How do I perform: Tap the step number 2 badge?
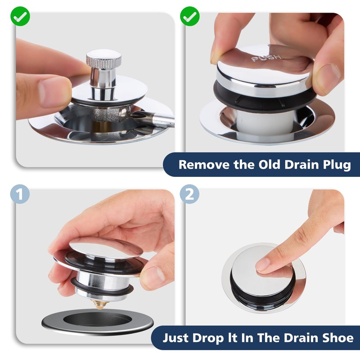coord(190,194)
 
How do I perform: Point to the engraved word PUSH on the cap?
coord(266,58)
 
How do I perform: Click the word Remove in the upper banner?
coord(201,165)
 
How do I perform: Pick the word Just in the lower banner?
coord(177,338)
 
